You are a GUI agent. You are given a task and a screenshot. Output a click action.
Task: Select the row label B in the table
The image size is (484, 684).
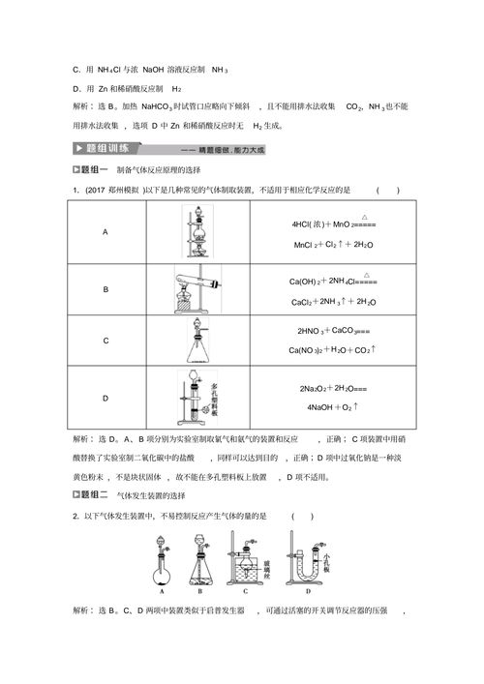(106, 289)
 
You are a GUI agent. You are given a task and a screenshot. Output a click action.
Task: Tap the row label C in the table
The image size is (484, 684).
(106, 341)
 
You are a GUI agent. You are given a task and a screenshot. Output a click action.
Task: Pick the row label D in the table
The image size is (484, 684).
(106, 398)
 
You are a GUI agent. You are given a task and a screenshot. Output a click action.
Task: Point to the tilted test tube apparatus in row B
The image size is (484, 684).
(200, 288)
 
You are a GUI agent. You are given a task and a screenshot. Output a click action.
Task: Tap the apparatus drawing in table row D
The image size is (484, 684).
(200, 397)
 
